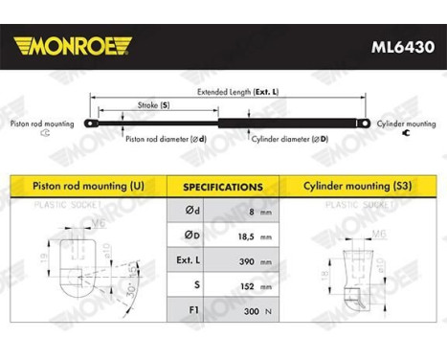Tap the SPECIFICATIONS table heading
tap(223, 187)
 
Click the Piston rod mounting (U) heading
tap(90, 186)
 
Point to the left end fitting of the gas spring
tap(92, 123)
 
